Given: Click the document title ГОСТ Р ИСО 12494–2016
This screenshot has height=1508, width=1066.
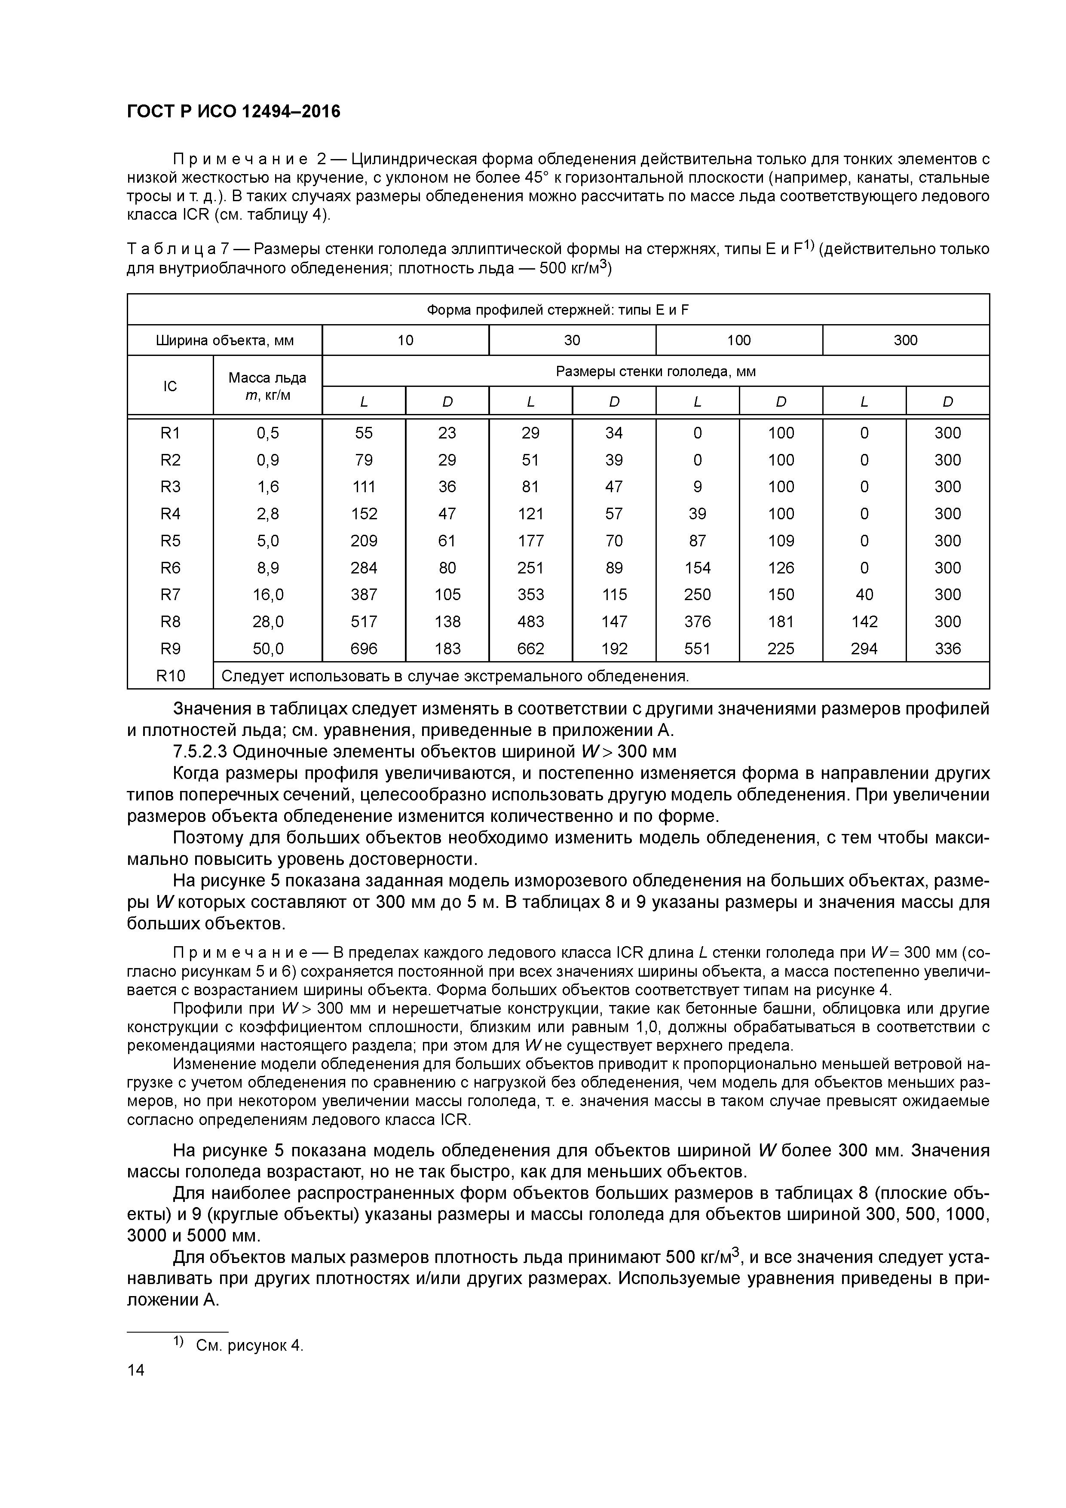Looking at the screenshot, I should tap(234, 112).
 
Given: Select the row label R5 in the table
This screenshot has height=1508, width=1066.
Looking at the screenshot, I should tap(170, 540).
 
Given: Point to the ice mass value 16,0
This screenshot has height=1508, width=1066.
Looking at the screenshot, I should tap(267, 595).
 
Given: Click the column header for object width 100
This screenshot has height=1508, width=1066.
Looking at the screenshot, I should tap(738, 340).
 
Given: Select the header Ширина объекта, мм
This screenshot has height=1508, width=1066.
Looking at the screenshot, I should tap(225, 340).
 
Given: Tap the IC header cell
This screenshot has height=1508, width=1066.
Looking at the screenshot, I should tap(170, 386).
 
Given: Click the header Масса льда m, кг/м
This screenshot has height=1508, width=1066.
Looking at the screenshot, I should tap(267, 386).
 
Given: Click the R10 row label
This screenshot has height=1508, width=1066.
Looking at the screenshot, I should tap(170, 676).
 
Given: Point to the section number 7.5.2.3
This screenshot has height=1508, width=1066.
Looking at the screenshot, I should tap(200, 751).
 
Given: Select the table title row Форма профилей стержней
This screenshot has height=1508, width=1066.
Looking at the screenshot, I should tap(558, 310).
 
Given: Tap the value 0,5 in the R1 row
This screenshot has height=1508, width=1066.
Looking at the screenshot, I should tap(267, 433).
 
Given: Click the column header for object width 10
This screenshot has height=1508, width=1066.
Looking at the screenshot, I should tap(405, 340).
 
